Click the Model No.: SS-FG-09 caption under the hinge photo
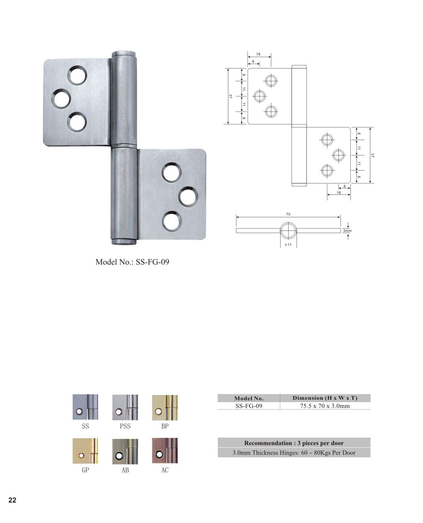[132, 262]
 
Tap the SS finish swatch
[85, 407]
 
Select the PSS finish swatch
[125, 407]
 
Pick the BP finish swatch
[165, 407]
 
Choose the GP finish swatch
[85, 451]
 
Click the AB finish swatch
[125, 451]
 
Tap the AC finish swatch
[165, 450]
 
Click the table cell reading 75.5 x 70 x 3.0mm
[325, 406]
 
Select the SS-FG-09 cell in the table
[249, 406]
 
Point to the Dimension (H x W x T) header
[325, 398]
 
